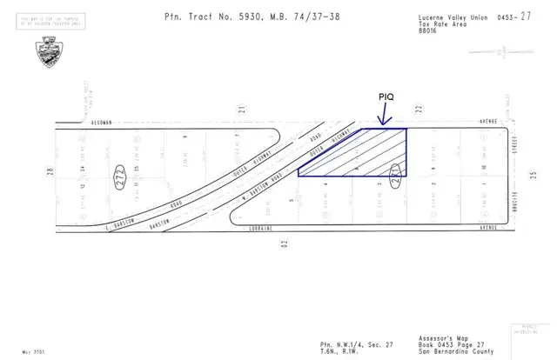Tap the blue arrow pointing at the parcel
[381, 117]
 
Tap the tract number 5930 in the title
[239, 17]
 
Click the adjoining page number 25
[531, 174]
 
